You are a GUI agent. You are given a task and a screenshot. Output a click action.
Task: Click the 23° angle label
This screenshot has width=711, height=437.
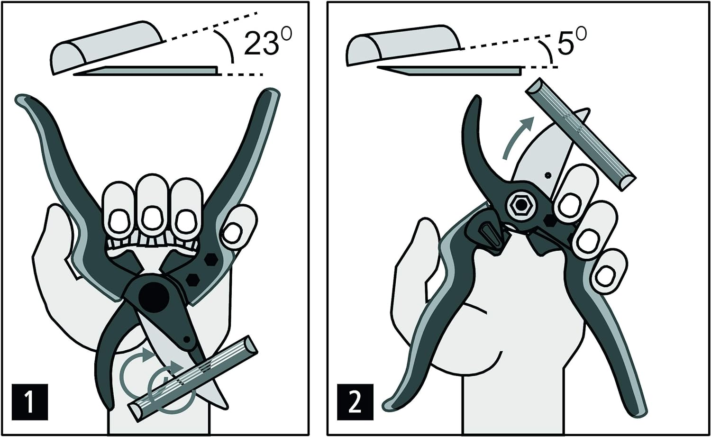266,43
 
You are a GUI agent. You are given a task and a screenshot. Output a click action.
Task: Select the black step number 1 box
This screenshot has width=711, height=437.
30,401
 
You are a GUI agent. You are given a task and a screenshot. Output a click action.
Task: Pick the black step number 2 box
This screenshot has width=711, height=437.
355,402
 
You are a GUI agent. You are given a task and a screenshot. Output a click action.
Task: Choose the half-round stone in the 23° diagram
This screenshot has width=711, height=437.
107,46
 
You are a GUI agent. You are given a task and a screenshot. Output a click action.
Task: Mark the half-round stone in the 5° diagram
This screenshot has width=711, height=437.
403,46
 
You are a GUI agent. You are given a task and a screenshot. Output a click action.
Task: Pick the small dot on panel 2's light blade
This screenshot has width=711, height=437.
547,175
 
